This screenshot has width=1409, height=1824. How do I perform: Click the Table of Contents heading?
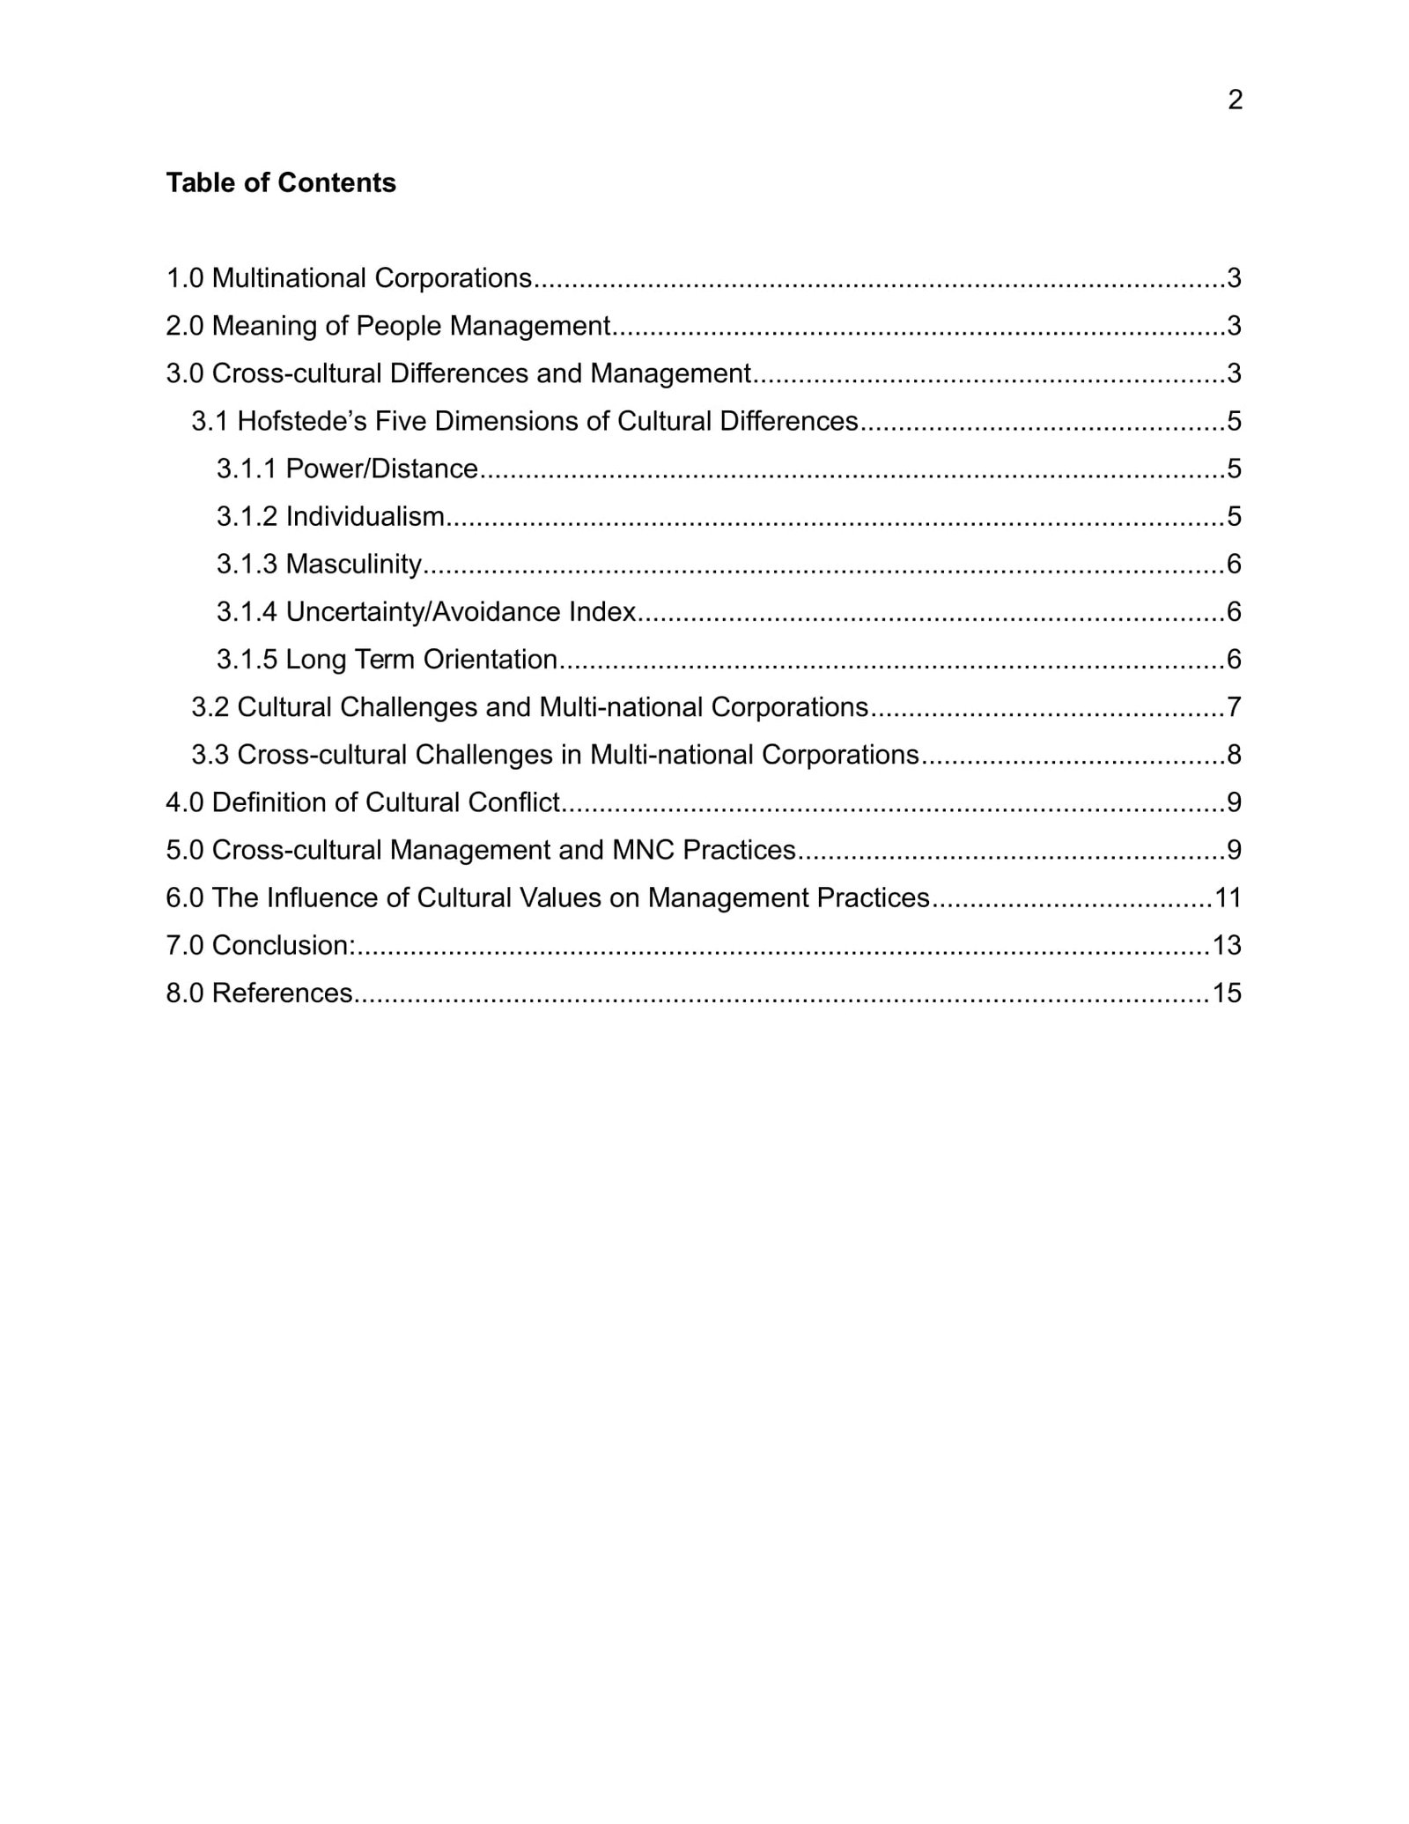281,182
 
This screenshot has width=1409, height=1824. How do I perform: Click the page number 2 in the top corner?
1235,100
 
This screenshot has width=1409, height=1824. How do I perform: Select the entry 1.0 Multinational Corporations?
349,278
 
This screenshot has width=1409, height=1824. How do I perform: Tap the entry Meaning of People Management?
410,326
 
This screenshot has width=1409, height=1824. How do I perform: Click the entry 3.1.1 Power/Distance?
347,469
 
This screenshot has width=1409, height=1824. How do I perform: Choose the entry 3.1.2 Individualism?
330,516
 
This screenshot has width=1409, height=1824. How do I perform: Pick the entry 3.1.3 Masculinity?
320,564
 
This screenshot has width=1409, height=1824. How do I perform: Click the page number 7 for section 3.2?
1234,707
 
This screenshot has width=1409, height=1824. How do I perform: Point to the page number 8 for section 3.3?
1234,755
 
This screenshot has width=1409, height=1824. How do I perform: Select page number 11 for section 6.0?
1228,897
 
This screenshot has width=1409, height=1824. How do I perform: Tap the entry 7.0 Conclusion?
261,945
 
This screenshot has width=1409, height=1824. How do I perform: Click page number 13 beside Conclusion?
1227,945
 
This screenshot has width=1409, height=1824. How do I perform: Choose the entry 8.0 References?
259,993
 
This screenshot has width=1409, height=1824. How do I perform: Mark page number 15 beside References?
1227,993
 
